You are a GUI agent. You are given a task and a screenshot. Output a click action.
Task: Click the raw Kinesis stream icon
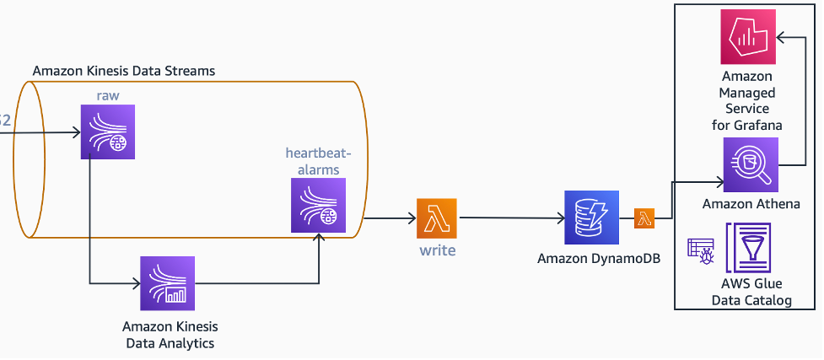[108, 132]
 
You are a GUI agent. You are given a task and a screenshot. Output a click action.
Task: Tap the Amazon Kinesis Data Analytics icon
[167, 284]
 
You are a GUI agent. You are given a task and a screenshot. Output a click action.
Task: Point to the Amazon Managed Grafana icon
[748, 37]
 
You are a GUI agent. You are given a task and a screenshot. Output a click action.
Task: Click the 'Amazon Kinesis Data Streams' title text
[123, 71]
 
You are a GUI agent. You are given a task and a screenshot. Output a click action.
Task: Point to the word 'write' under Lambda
[437, 250]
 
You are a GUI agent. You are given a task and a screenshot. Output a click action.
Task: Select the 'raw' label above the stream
[107, 95]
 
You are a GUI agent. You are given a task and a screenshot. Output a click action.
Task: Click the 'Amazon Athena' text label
[751, 204]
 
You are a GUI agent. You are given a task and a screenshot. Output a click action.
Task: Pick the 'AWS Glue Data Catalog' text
[751, 292]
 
